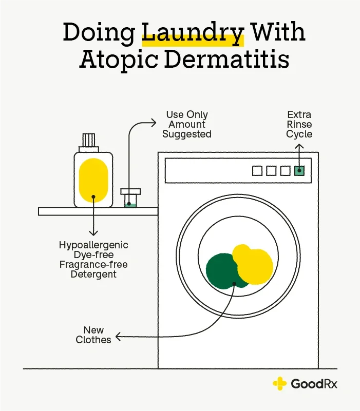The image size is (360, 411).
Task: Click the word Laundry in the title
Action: coord(193,33)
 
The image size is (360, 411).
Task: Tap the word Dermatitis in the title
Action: coord(226,60)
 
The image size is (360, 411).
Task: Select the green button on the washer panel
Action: coord(299,171)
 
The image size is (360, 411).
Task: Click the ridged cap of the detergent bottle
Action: coord(89,140)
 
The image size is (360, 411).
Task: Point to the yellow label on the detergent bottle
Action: coord(93,180)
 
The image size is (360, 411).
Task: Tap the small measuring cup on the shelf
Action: coord(130,198)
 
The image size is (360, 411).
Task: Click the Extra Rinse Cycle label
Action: coord(299,124)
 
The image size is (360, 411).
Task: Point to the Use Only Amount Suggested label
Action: coord(187,124)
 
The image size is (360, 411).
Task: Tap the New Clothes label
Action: coord(93,335)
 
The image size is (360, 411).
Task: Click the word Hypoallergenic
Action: coord(93,245)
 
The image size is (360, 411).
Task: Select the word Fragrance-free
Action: coord(93,264)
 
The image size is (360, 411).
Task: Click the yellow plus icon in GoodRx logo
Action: coord(280,384)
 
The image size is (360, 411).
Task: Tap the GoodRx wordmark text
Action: coord(314,384)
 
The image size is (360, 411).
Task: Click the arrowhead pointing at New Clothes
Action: coord(118,337)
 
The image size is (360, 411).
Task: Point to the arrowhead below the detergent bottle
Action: coord(93,233)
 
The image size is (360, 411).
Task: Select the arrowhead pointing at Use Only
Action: coord(154,123)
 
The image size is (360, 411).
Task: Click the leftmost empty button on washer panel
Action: coord(257,171)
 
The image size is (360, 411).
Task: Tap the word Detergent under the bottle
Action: coord(93,275)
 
